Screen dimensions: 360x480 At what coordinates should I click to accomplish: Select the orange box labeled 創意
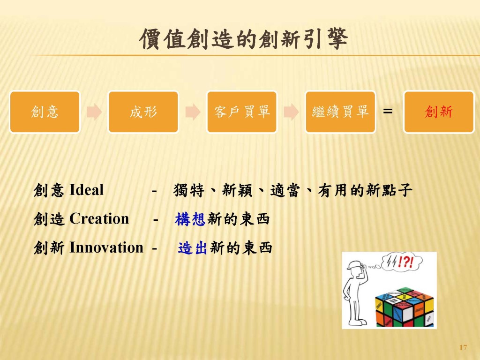click(x=45, y=112)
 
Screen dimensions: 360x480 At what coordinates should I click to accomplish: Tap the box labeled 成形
click(x=143, y=112)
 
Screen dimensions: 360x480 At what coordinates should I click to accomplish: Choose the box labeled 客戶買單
click(x=242, y=112)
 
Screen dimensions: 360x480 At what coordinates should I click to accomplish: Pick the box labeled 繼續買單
click(x=340, y=112)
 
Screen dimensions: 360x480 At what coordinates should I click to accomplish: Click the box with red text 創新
click(x=439, y=112)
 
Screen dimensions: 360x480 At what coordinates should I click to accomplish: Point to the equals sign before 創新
click(x=388, y=112)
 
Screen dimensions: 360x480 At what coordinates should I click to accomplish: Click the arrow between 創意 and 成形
click(x=94, y=112)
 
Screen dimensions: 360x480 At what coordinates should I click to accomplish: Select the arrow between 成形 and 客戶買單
click(x=193, y=112)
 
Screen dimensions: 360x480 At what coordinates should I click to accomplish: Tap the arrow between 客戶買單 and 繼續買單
click(x=291, y=112)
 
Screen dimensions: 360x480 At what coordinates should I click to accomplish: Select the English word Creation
click(x=99, y=219)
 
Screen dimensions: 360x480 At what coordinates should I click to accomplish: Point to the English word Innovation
click(x=106, y=247)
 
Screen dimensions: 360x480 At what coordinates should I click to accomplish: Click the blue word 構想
click(x=190, y=219)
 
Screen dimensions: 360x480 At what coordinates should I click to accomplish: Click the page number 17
click(x=463, y=347)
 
